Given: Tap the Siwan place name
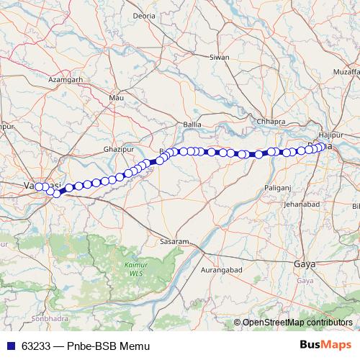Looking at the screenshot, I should point(219,57).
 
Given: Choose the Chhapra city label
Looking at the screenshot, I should point(271,122).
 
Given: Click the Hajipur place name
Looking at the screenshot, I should point(330,134).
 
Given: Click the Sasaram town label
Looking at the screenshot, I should point(174,240).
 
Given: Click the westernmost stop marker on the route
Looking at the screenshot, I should point(40,187).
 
